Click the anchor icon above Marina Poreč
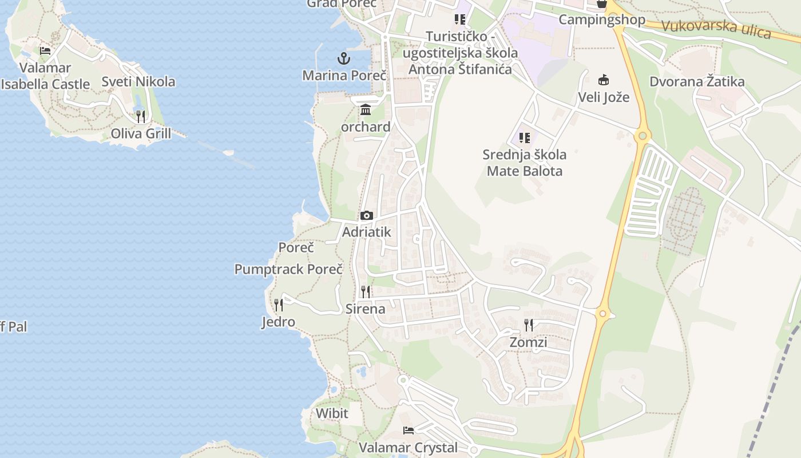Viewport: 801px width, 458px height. pos(343,58)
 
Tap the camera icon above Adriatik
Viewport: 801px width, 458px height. pos(367,216)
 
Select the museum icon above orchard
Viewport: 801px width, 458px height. pos(366,109)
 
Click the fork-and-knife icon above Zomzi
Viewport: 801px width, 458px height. pos(529,325)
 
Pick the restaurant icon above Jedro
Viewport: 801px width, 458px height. pos(279,305)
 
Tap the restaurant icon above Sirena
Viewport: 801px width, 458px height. pos(366,292)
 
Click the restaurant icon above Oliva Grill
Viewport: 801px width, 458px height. pos(141,117)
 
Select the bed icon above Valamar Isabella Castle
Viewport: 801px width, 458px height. pos(46,51)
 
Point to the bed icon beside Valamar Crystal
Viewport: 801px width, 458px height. pos(408,431)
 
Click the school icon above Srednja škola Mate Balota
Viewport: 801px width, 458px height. pos(524,138)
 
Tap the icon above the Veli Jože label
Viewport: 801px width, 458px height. pos(604,80)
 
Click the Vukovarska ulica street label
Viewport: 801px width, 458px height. pos(716,29)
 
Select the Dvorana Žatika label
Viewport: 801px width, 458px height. pos(697,81)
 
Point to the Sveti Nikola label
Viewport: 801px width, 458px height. pos(138,81)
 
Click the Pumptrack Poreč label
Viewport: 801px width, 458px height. pos(288,269)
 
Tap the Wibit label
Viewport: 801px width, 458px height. pos(332,413)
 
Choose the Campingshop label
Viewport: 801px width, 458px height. pos(601,19)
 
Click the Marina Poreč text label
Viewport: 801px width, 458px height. pos(344,76)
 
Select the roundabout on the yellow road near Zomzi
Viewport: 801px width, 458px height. pos(602,313)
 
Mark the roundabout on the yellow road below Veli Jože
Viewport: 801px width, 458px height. pos(642,136)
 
